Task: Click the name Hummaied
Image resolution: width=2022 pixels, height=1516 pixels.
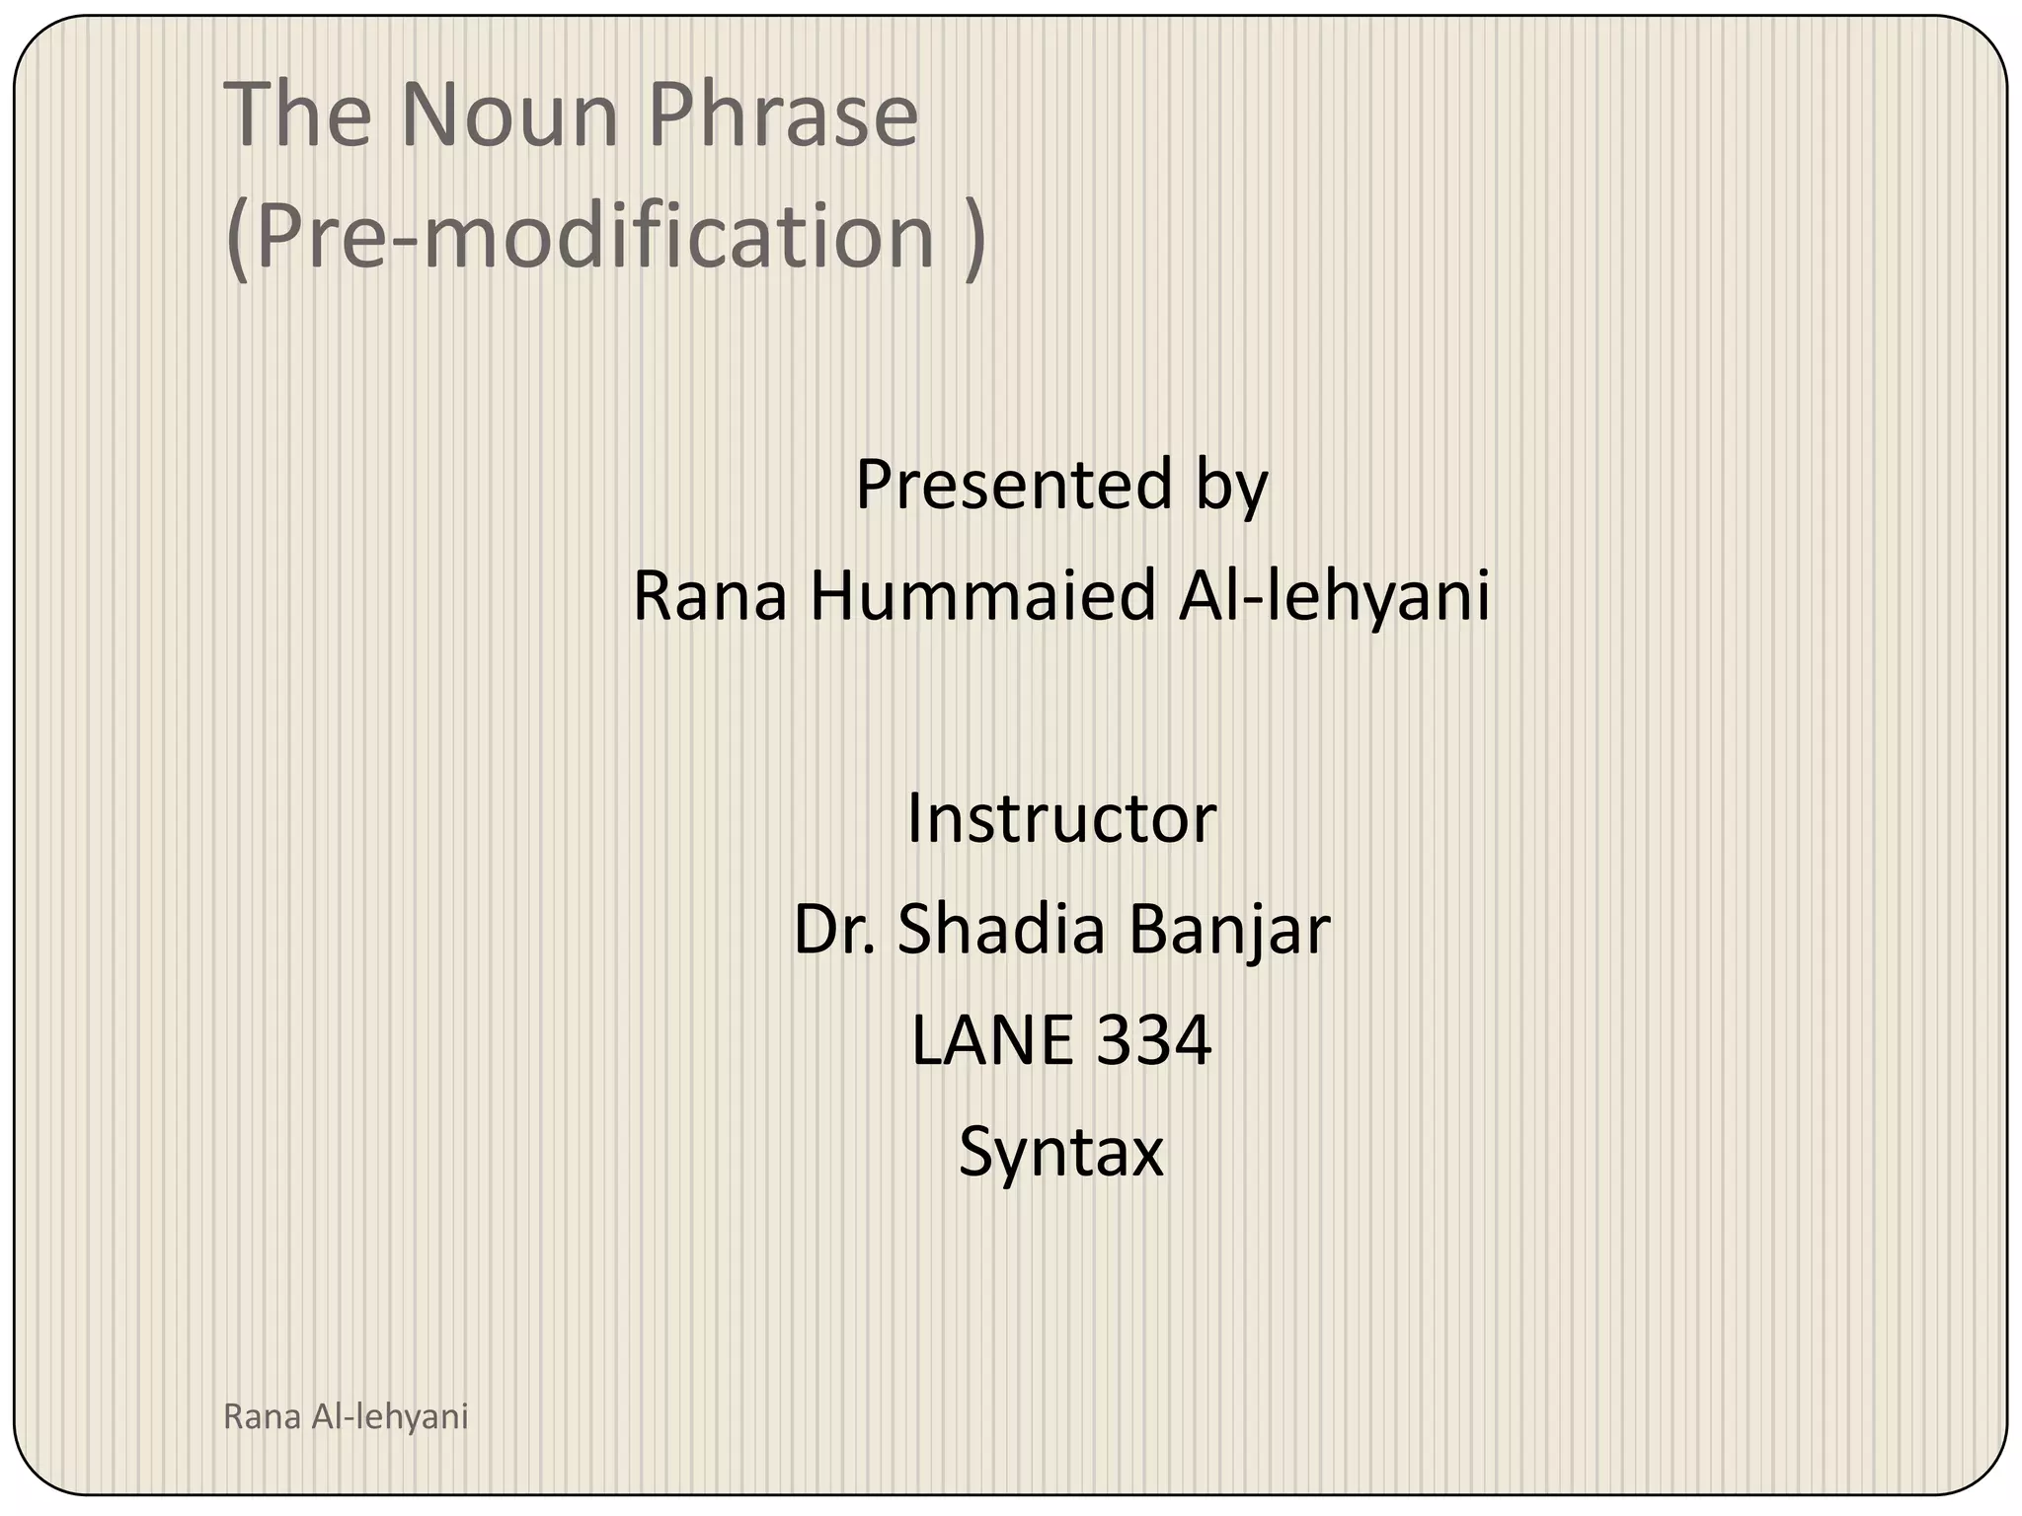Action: coord(982,596)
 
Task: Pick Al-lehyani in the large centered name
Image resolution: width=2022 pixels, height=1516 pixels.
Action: coord(1334,596)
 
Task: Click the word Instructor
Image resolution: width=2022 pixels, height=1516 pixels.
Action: coord(1061,819)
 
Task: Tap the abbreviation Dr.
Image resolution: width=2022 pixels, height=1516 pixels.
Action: coord(834,930)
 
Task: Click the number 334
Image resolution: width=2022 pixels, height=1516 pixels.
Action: coord(1154,1041)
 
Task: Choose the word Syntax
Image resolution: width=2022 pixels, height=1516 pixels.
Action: coord(1061,1153)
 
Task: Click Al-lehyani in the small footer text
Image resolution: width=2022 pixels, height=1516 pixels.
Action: coord(389,1417)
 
